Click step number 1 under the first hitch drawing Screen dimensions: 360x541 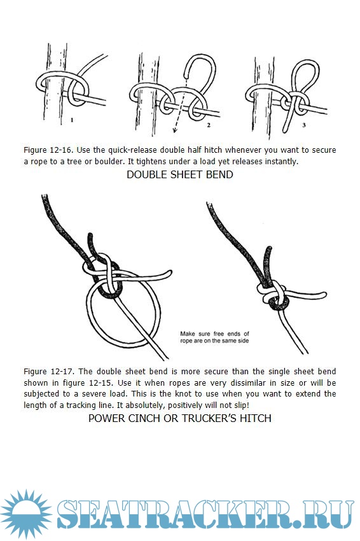(x=72, y=120)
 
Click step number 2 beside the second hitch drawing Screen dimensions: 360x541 (x=208, y=125)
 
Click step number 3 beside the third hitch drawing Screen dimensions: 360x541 (x=304, y=125)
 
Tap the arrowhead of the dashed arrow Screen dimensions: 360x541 (x=175, y=130)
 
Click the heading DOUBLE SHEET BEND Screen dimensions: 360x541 (x=179, y=174)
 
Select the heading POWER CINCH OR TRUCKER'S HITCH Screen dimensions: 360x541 (x=179, y=418)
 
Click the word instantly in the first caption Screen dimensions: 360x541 (x=280, y=162)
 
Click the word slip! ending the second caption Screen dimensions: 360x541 (x=241, y=405)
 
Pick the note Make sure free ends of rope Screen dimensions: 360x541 (x=214, y=337)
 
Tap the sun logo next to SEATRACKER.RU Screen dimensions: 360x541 (x=26, y=514)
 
